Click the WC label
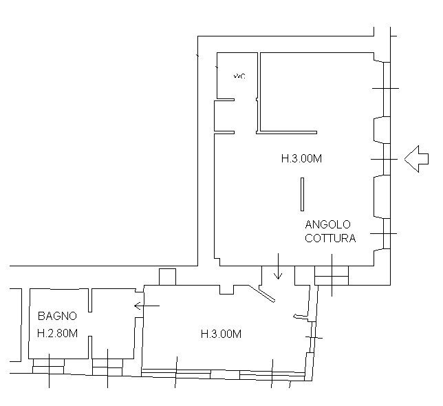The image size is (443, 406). [x=239, y=76]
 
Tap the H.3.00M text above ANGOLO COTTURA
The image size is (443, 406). [x=301, y=158]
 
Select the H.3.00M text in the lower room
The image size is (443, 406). [x=221, y=334]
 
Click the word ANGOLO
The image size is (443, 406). [x=328, y=224]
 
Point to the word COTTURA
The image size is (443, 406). [x=330, y=239]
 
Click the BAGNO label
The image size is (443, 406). [x=57, y=317]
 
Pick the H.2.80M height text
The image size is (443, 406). [x=57, y=334]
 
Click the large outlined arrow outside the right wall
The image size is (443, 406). [x=415, y=160]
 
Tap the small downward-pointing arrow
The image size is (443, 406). [x=277, y=268]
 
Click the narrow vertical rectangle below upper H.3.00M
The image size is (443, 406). [x=302, y=194]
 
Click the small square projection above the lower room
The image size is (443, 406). [x=167, y=277]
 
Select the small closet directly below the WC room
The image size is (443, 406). [x=224, y=116]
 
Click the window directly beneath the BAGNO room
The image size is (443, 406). [x=48, y=365]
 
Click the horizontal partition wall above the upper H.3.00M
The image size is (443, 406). [x=287, y=131]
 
